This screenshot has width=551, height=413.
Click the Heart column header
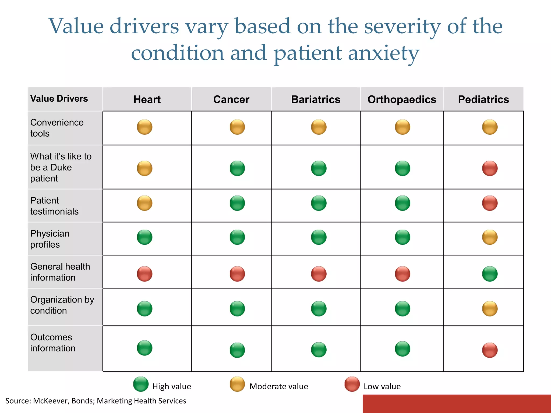point(147,99)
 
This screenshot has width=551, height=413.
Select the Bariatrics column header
point(316,99)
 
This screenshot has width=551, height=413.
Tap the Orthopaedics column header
point(402,99)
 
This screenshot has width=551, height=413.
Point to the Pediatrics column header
point(483,99)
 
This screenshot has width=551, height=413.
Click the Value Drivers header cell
point(59,99)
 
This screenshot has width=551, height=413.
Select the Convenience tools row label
point(57,128)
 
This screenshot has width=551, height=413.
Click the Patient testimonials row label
point(54,206)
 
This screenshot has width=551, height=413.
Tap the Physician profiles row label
point(50,239)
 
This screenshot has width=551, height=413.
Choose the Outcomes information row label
point(53,343)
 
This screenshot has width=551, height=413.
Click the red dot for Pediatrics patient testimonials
point(490,203)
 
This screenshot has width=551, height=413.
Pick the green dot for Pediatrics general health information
point(490,274)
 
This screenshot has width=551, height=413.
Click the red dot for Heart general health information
point(144,274)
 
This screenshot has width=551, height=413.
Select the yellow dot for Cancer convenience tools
point(237,127)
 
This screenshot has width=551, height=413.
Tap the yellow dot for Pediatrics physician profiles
point(490,237)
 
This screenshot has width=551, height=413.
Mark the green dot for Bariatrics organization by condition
point(319,308)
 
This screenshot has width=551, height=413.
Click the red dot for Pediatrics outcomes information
point(490,350)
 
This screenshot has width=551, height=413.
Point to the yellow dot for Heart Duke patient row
point(144,168)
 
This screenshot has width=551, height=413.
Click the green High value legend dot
point(141,384)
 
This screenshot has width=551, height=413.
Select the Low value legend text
point(382,386)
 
